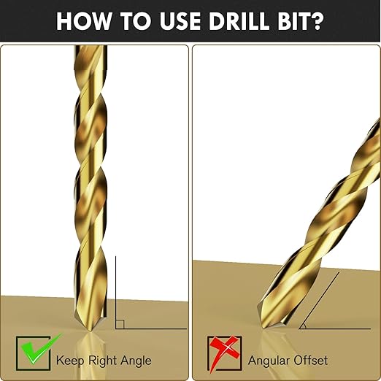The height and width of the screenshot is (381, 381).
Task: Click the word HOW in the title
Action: (x=83, y=21)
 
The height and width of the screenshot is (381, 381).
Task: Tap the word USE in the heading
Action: (x=180, y=21)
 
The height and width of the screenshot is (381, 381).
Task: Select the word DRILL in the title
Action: (x=239, y=21)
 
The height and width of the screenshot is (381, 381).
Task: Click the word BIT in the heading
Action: (x=293, y=21)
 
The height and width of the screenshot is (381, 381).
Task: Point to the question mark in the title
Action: (x=317, y=21)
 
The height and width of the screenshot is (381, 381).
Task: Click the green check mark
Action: (x=40, y=349)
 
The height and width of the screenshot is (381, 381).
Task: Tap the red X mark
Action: (x=223, y=352)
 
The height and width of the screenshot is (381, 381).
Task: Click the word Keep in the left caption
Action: (x=70, y=361)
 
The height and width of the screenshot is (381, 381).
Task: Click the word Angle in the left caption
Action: (x=136, y=361)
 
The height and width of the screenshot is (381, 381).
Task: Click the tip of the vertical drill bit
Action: (x=91, y=331)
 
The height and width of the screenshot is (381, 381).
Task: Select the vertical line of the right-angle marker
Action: (x=115, y=292)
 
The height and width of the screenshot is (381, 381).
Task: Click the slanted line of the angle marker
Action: (x=319, y=301)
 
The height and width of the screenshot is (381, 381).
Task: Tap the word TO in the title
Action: (x=136, y=21)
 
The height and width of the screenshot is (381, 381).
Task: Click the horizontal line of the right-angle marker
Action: (x=151, y=328)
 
